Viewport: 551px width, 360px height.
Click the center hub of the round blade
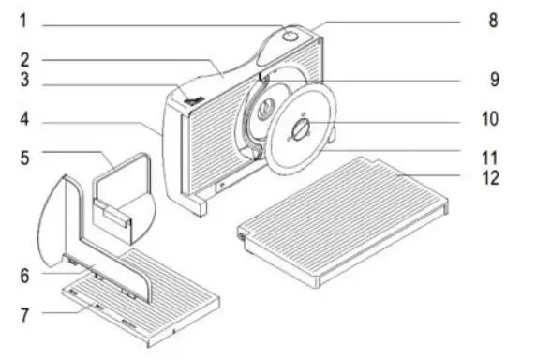tap(302, 130)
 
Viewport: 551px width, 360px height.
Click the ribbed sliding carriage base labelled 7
tap(159, 300)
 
